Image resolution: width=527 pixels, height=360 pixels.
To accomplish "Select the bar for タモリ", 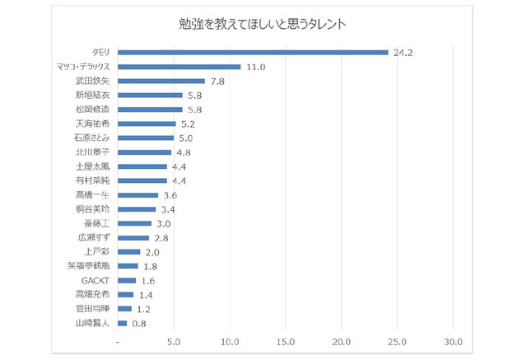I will coord(253,52).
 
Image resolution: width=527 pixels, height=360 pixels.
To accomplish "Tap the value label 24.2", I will coord(403,52).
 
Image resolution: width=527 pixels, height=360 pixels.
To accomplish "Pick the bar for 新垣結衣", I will coord(151,95).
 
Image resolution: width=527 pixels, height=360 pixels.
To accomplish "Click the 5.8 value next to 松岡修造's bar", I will coord(195,110).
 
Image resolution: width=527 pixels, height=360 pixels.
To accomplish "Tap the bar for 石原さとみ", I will coord(146,138).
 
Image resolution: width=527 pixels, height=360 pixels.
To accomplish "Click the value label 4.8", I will coord(184,152).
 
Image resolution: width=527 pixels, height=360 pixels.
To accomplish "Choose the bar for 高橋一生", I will coord(138,195).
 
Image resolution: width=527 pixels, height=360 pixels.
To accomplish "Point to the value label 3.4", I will coord(169,209).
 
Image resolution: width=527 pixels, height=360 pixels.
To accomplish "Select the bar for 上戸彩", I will coord(129,252).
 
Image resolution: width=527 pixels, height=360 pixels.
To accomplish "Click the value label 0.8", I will coord(139,323).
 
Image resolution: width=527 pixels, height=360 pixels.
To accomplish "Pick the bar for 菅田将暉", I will coord(125,309).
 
